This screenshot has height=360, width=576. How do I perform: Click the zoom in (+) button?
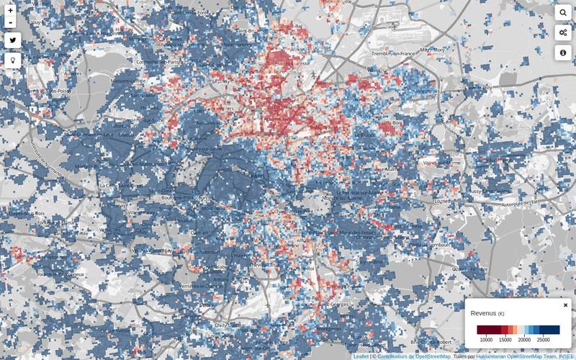click(x=10, y=10)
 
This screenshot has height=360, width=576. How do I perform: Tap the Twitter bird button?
click(x=12, y=40)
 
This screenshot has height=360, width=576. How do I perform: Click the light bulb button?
click(x=12, y=60)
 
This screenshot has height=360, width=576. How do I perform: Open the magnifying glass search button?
click(x=563, y=13)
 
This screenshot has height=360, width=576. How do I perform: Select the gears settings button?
click(x=563, y=32)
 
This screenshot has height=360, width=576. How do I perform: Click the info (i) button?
click(x=563, y=53)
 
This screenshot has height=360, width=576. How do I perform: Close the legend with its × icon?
click(x=565, y=305)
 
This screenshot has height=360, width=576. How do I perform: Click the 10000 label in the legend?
click(x=487, y=340)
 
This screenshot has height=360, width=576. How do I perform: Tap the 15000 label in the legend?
click(x=505, y=340)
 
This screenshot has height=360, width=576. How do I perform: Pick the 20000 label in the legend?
click(x=524, y=340)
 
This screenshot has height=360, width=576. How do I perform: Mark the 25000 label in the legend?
click(x=543, y=340)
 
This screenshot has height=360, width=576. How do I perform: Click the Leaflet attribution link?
click(x=361, y=356)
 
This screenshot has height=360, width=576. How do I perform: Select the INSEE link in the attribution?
click(x=567, y=356)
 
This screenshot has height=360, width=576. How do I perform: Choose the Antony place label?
click(x=220, y=280)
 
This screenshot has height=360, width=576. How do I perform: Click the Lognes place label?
click(x=442, y=202)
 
